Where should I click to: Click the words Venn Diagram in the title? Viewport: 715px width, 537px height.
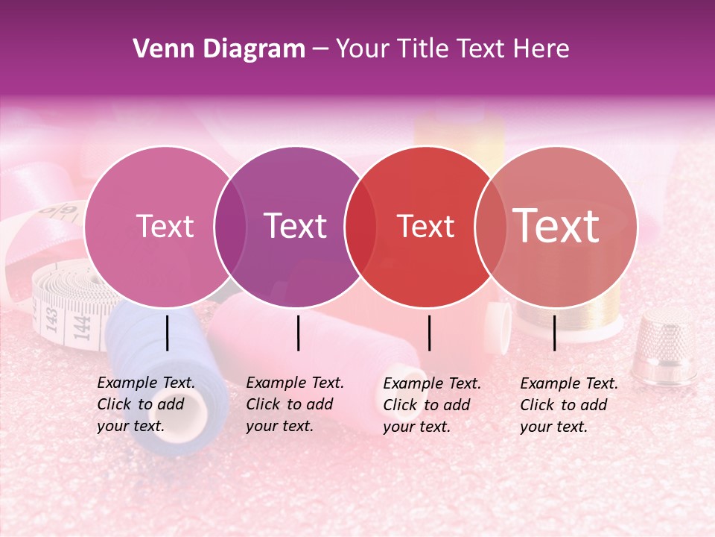pyautogui.click(x=219, y=49)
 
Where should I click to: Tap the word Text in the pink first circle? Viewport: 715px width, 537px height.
pyautogui.click(x=165, y=227)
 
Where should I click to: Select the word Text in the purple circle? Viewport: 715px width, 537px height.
pyautogui.click(x=296, y=227)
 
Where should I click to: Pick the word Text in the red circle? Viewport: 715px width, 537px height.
pyautogui.click(x=426, y=227)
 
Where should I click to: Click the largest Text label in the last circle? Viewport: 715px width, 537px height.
pyautogui.click(x=556, y=226)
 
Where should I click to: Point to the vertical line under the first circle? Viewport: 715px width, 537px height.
pyautogui.click(x=168, y=333)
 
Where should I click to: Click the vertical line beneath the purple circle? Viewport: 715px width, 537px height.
pyautogui.click(x=298, y=333)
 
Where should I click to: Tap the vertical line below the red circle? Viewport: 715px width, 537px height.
pyautogui.click(x=430, y=333)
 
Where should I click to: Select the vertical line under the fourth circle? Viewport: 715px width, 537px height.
pyautogui.click(x=555, y=333)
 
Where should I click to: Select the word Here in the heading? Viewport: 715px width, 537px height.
pyautogui.click(x=541, y=49)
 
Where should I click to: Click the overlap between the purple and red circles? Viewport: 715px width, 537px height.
pyautogui.click(x=360, y=227)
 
